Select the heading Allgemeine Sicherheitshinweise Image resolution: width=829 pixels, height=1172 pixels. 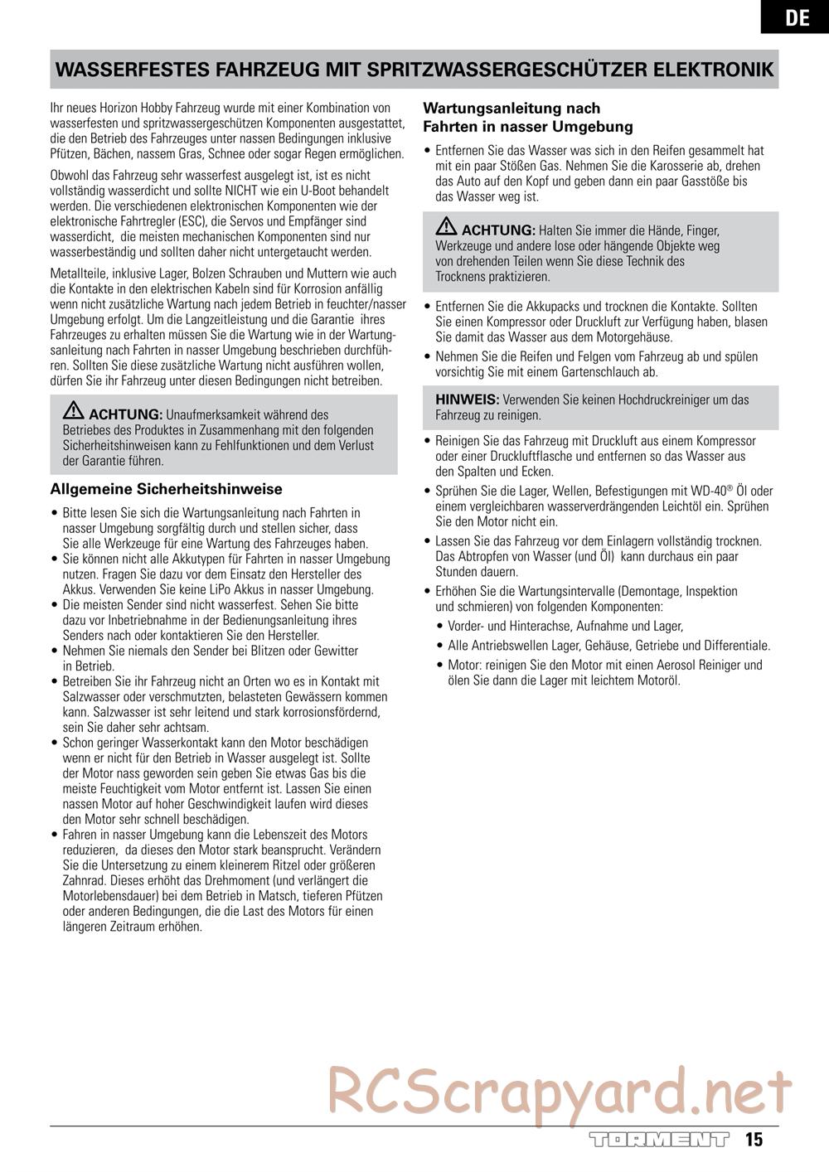[167, 489]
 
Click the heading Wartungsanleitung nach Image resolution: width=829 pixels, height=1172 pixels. [511, 109]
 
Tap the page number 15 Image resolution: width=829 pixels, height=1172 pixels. [754, 1139]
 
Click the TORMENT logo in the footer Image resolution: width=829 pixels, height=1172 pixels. [659, 1139]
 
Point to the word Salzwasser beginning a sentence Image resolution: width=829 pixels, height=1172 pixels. [90, 712]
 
